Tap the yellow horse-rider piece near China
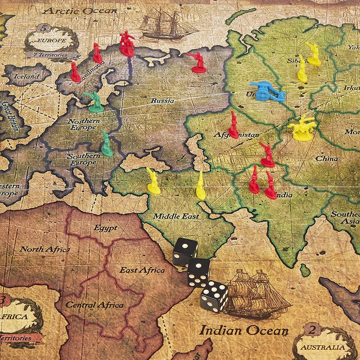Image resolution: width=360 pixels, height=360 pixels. pos(302,129)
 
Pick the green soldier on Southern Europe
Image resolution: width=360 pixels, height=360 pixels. pos(107,144)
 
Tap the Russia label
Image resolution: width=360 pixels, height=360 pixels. pos(162,101)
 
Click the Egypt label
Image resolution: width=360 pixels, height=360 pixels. pos(105,228)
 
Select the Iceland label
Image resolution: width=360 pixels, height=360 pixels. pos(26,76)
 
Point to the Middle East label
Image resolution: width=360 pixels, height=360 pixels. pos(176,216)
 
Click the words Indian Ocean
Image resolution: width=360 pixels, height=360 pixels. pos(244,330)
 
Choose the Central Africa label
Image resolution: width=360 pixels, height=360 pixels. pos(95,305)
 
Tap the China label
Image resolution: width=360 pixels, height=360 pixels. pos(326,159)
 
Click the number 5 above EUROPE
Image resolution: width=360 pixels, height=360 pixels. pos(44,27)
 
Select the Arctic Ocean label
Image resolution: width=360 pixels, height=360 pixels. pos(79,11)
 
